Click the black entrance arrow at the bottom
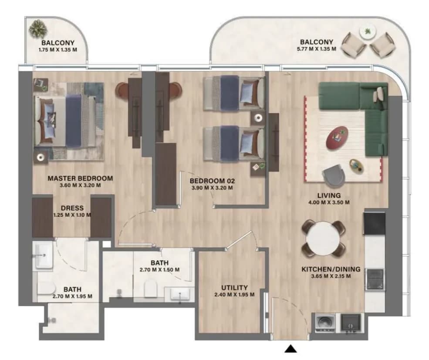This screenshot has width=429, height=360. pyautogui.click(x=291, y=349)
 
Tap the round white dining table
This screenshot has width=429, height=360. pyautogui.click(x=324, y=239)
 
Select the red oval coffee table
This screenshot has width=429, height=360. pyautogui.click(x=337, y=138)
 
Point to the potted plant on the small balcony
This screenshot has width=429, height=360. pyautogui.click(x=38, y=29)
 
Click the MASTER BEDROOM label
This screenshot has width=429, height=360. pyautogui.click(x=80, y=178)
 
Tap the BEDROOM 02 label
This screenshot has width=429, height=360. pyautogui.click(x=212, y=181)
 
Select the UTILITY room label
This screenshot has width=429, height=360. pyautogui.click(x=234, y=288)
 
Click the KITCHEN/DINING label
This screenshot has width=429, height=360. pyautogui.click(x=331, y=269)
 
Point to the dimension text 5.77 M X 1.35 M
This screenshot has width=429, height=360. pyautogui.click(x=316, y=49)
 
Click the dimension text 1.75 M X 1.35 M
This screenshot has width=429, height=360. pyautogui.click(x=58, y=50)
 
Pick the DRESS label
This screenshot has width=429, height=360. pyautogui.click(x=72, y=208)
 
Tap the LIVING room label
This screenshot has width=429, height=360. pyautogui.click(x=329, y=195)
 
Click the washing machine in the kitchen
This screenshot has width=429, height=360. pyautogui.click(x=325, y=323)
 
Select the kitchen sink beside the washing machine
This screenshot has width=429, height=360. pyautogui.click(x=351, y=323)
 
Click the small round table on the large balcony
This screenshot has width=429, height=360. pyautogui.click(x=368, y=32)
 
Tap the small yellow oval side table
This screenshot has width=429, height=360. pyautogui.click(x=357, y=165)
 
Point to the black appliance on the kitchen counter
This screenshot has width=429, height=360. pyautogui.click(x=374, y=224)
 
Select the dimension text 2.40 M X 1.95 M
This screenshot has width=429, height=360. pyautogui.click(x=234, y=295)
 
